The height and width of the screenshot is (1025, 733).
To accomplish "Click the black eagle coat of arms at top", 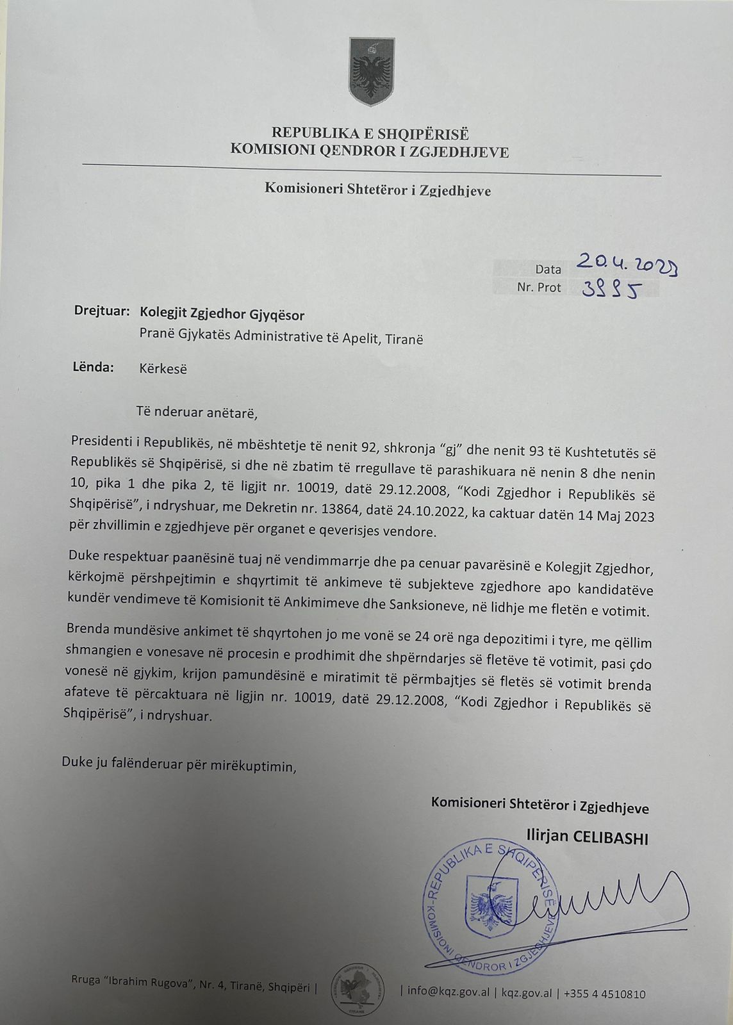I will pyautogui.click(x=370, y=72).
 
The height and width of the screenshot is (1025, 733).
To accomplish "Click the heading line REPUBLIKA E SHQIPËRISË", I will pyautogui.click(x=370, y=134).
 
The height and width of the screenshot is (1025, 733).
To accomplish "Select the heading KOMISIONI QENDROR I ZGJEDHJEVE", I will pyautogui.click(x=370, y=152).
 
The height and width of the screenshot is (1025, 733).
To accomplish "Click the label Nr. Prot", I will pyautogui.click(x=539, y=288).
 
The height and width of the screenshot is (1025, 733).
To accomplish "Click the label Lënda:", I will pyautogui.click(x=94, y=367).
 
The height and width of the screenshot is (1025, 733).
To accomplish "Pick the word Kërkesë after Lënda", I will pyautogui.click(x=163, y=369).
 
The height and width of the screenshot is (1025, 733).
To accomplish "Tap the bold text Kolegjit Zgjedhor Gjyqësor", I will pyautogui.click(x=222, y=315).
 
